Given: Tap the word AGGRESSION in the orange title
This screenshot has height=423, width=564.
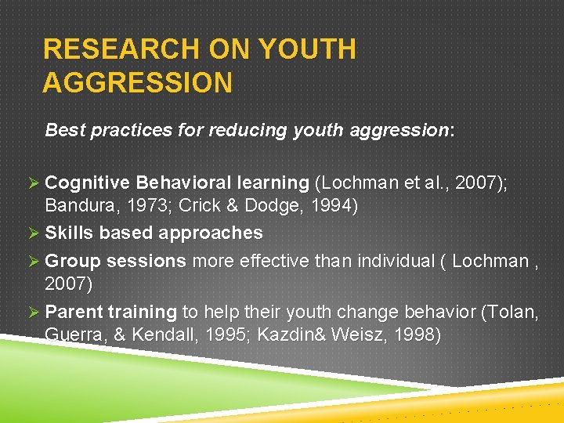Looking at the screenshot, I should tap(137, 82).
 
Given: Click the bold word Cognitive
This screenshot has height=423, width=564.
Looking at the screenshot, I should tap(88, 183).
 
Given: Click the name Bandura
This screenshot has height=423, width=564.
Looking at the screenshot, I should tap(79, 208).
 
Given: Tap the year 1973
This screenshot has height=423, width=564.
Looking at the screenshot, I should tap(144, 208).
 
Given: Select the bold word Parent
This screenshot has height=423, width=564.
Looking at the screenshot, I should tap(70, 312).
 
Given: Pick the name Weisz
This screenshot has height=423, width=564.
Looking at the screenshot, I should tap(363, 336).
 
